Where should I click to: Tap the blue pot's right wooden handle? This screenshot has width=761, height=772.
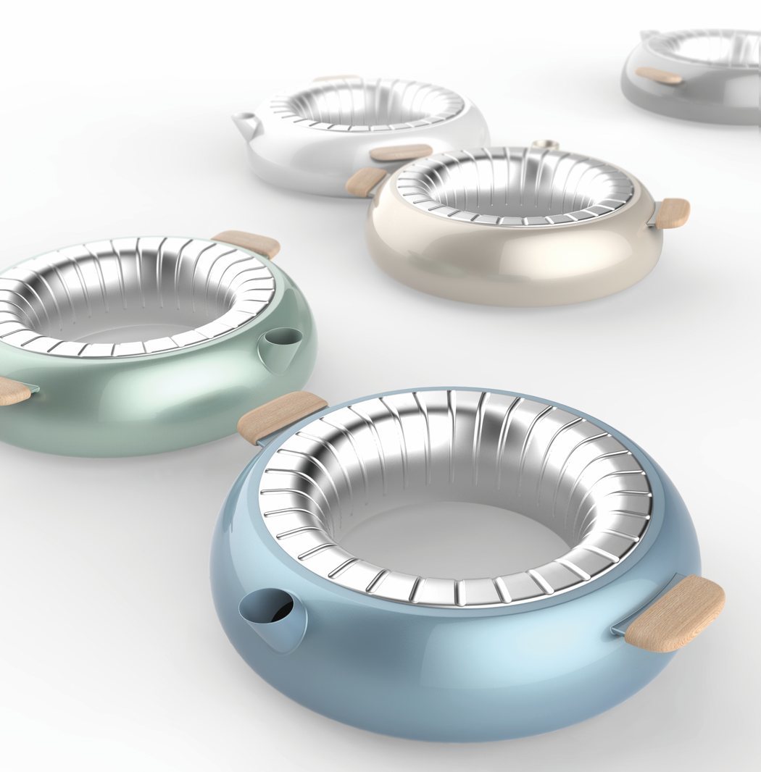click(675, 612)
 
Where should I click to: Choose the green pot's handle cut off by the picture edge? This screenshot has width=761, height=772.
click(12, 391)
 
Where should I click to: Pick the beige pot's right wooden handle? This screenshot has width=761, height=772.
click(672, 212)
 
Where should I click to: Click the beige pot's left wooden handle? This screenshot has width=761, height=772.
click(365, 181)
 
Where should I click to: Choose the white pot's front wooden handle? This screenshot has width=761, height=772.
click(401, 152)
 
